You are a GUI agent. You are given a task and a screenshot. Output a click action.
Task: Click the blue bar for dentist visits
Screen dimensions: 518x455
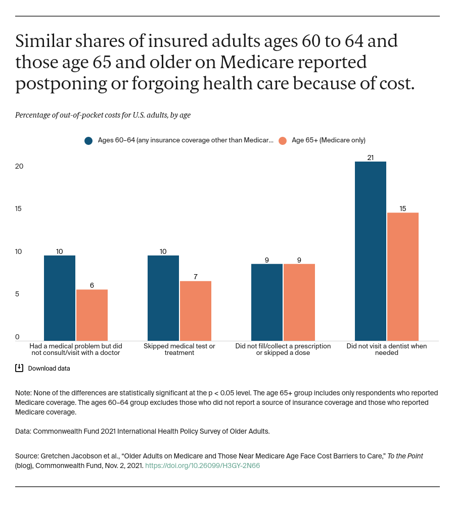click(370, 251)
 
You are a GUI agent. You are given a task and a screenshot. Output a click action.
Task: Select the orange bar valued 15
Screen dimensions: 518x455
click(403, 277)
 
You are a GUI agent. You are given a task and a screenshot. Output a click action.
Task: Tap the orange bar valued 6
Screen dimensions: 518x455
click(92, 315)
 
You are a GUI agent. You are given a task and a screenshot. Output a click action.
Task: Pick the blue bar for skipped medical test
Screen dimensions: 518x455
click(163, 298)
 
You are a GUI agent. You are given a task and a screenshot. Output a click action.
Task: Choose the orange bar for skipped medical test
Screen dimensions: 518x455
click(196, 310)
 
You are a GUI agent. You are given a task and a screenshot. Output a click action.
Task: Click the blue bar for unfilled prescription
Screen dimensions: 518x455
click(267, 302)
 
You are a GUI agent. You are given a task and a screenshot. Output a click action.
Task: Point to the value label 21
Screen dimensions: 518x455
click(371, 158)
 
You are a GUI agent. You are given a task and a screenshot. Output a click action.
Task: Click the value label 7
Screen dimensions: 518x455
click(196, 277)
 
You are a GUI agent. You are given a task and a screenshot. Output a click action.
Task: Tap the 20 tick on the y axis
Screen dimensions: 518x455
click(19, 166)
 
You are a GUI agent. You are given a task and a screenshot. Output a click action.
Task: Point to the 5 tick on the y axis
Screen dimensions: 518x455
click(17, 294)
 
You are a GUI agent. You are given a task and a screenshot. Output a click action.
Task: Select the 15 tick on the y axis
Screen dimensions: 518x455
click(19, 209)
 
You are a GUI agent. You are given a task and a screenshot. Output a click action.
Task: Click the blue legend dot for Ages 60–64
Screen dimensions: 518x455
click(88, 140)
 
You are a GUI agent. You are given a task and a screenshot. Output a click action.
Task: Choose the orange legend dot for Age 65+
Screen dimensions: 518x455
click(283, 140)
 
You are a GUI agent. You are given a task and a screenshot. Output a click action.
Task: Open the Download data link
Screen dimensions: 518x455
click(49, 368)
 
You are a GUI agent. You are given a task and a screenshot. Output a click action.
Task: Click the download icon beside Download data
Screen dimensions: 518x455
click(19, 368)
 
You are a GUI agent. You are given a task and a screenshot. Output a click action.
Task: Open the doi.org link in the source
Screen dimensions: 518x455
click(202, 465)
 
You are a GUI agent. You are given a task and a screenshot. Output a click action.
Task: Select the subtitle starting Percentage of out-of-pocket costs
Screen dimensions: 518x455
click(103, 115)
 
